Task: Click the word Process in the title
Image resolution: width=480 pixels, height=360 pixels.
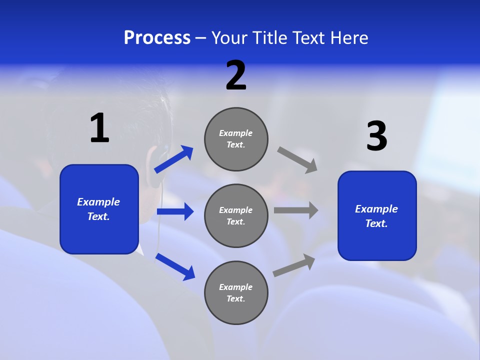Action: click(x=157, y=38)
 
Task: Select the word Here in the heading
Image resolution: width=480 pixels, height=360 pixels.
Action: click(x=347, y=38)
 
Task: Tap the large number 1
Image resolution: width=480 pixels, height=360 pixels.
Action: click(x=99, y=128)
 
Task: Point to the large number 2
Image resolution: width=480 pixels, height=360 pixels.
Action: click(x=236, y=75)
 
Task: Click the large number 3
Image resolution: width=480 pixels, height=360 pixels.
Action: click(x=376, y=136)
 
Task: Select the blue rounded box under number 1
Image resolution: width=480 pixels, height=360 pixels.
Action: click(x=99, y=209)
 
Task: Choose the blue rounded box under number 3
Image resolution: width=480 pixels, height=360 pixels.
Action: click(x=377, y=216)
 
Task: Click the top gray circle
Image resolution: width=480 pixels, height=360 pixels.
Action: click(x=236, y=139)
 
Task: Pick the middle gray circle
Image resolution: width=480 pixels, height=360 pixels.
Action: click(x=236, y=216)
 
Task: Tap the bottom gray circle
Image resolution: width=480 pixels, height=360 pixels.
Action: click(x=236, y=293)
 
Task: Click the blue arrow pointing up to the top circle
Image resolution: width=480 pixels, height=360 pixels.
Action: click(x=174, y=159)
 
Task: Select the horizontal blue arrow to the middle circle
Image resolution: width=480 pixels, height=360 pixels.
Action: click(x=175, y=211)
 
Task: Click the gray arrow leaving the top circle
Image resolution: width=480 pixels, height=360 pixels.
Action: click(x=297, y=159)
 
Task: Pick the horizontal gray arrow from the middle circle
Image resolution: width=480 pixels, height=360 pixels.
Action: click(x=296, y=210)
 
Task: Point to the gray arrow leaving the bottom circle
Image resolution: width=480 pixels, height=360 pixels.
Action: click(x=294, y=265)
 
